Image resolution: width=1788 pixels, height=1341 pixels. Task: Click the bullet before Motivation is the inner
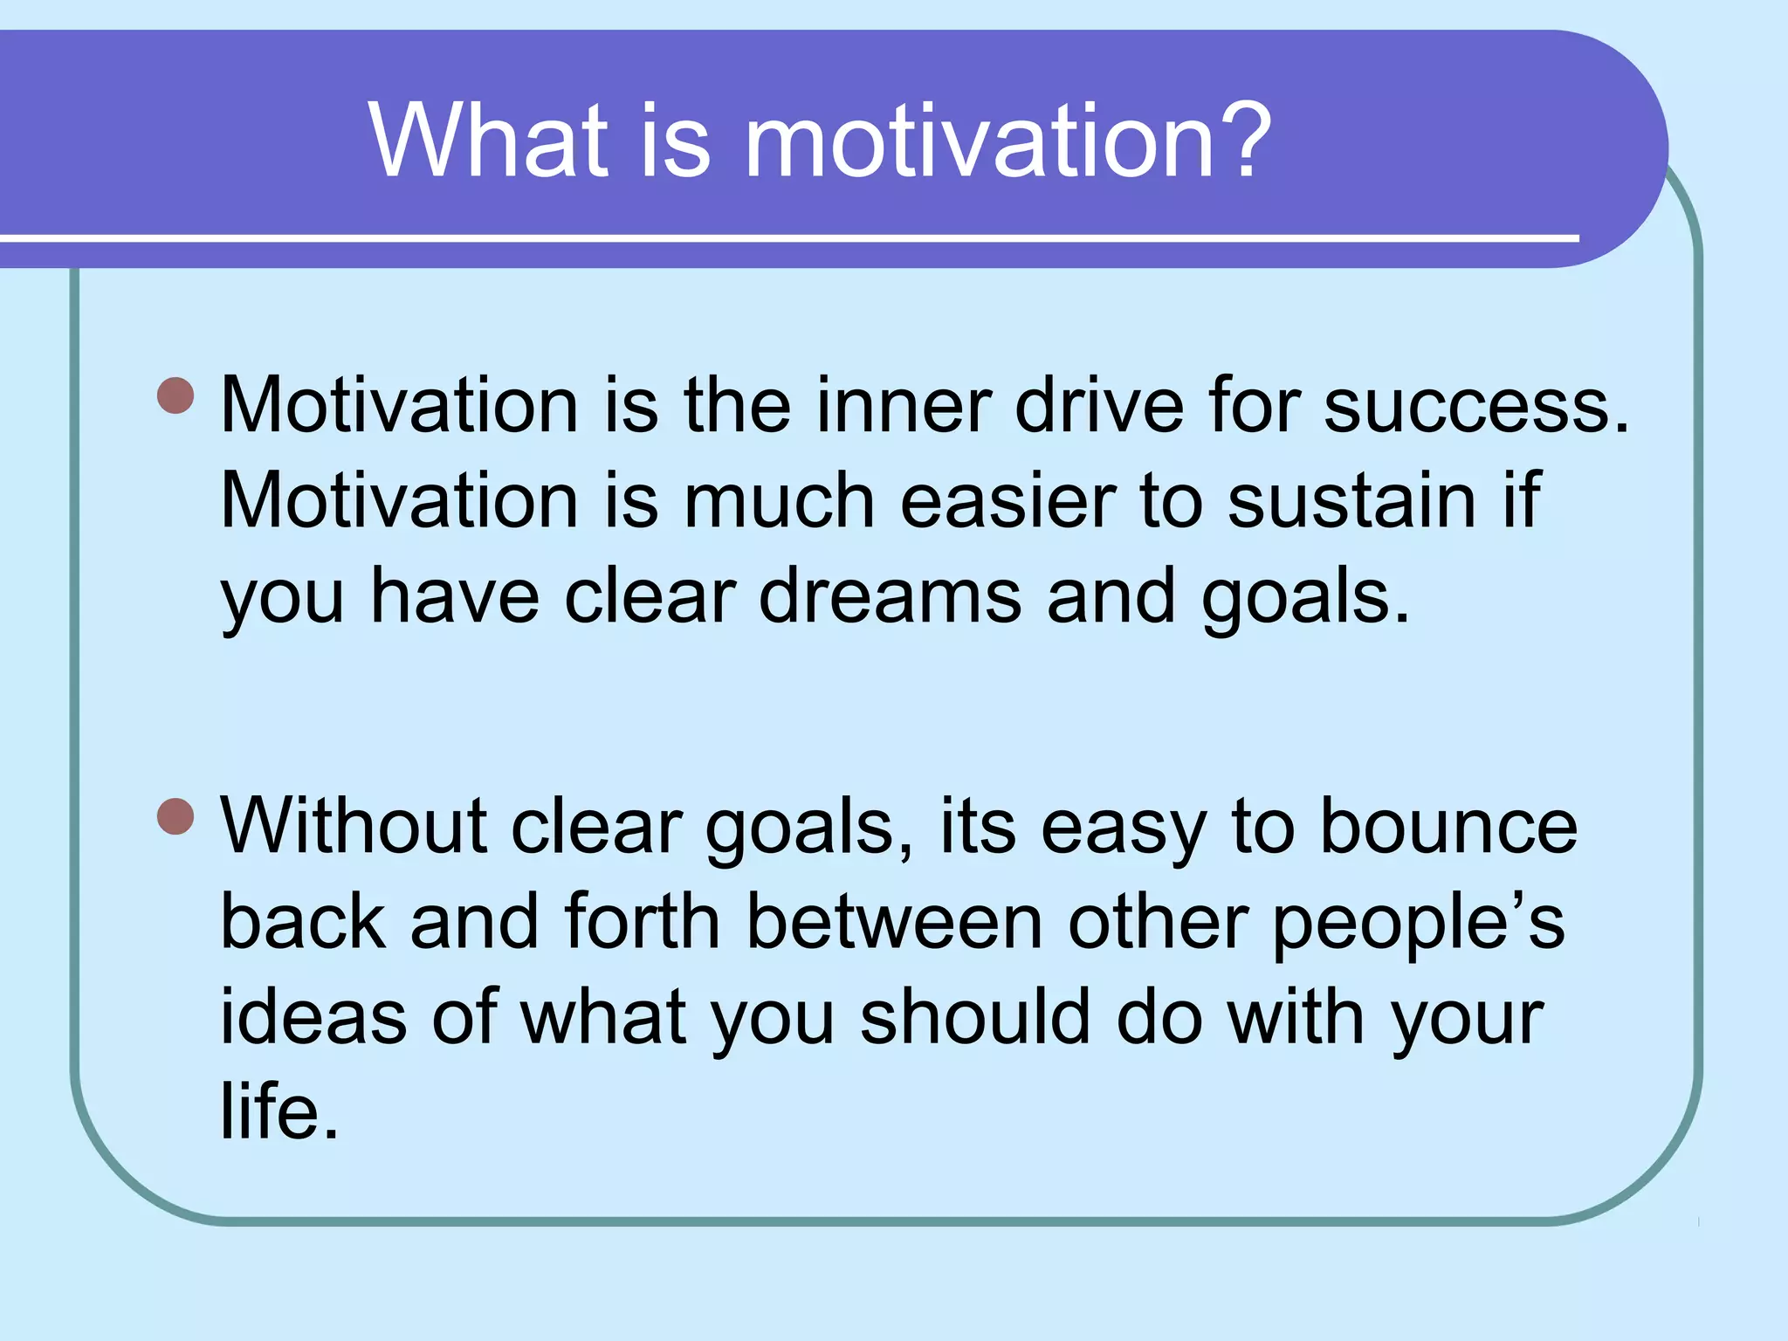175,395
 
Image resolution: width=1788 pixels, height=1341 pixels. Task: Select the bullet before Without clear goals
175,817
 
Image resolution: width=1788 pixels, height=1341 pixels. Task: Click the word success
1475,406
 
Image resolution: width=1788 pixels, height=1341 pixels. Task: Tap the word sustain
1351,501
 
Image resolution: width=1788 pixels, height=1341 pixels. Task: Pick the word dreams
890,597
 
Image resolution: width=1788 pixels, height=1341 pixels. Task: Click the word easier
1007,501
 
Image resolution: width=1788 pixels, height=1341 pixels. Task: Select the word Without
353,826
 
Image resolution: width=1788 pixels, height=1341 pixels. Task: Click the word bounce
1448,826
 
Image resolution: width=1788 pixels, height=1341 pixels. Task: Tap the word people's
1418,924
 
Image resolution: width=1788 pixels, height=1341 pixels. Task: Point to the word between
894,922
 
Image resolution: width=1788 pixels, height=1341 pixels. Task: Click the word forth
642,922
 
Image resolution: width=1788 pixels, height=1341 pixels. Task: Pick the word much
779,501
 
